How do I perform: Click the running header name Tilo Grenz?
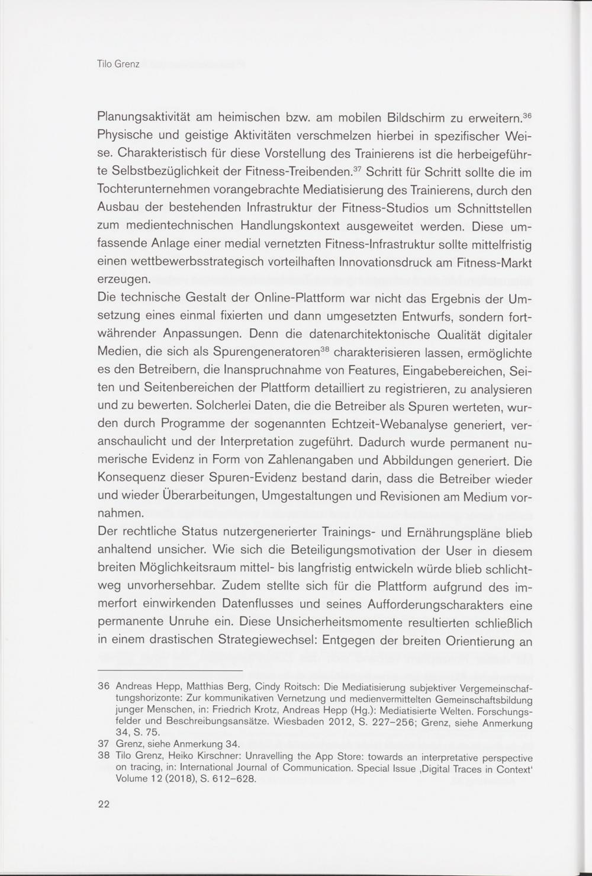click(118, 64)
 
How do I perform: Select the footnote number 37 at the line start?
click(104, 743)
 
